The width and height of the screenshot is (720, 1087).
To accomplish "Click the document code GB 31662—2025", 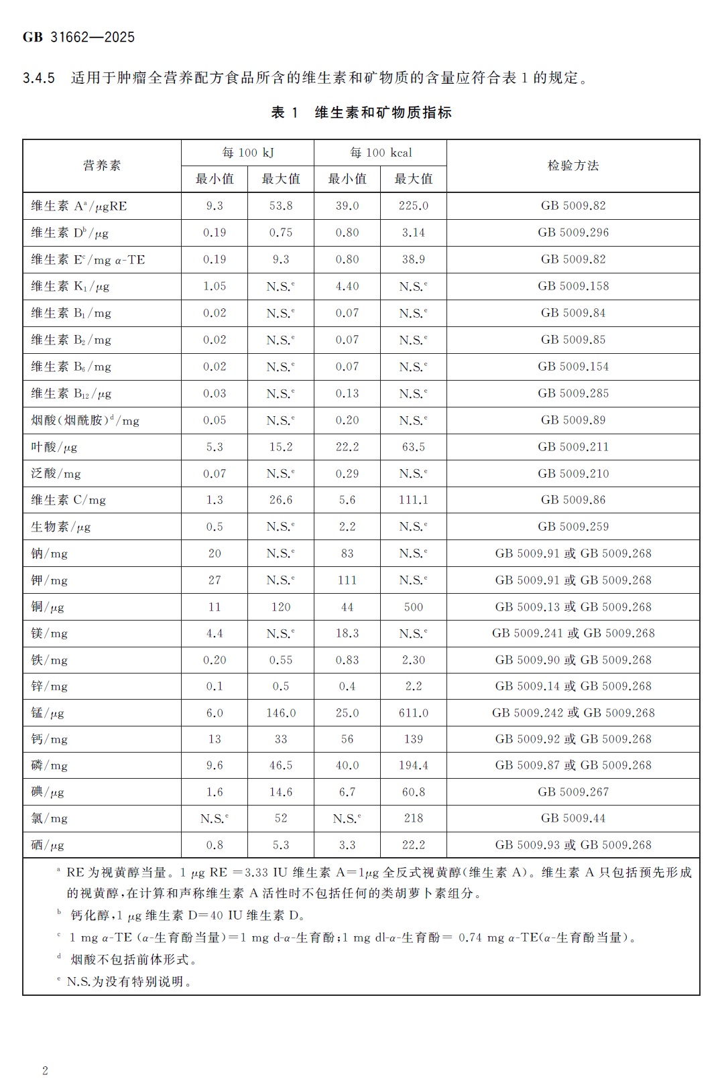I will point(78,38).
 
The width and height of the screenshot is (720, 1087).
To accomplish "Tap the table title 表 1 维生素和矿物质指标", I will point(361,113).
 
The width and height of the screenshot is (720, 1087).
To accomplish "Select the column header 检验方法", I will point(573,166).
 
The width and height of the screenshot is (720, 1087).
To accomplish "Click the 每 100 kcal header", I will point(380,153).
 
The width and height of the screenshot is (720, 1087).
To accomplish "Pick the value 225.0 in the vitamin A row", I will point(413,206).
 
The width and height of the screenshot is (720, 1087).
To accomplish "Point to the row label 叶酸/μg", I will point(54,447).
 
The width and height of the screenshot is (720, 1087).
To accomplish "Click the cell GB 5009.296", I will point(573,233).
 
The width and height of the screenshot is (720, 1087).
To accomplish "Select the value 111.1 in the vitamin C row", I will point(413,500).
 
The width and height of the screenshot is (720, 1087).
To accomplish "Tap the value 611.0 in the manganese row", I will point(413,713).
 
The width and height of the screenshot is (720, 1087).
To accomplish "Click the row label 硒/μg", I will point(48,845).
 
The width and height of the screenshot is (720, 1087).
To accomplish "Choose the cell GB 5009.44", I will point(573,818).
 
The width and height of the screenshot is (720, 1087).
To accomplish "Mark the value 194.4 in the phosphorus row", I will point(413,765).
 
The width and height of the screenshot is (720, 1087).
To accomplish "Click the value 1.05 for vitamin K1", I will point(215,286).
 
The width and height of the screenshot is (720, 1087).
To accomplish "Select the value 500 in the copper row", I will point(413,607).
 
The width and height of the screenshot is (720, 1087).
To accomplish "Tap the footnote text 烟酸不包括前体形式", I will point(133,960).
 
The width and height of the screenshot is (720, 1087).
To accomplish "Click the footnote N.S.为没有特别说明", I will point(129,982).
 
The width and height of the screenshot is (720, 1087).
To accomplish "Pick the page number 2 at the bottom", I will point(45,1070).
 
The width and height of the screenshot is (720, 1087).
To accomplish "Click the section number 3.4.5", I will point(39,78).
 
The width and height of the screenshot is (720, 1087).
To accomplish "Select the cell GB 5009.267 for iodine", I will point(573,792).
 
